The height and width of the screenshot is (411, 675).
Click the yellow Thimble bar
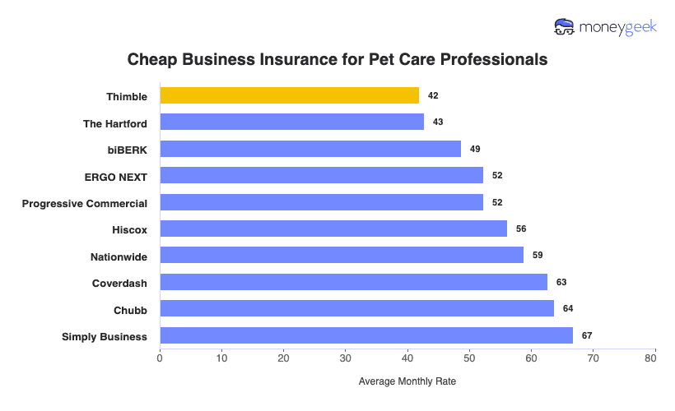(x=289, y=96)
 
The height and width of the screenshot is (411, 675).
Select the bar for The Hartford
(x=291, y=122)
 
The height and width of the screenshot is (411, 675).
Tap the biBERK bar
(x=310, y=149)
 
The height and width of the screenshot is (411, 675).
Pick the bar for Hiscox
(x=333, y=229)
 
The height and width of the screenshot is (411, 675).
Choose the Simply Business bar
(x=366, y=335)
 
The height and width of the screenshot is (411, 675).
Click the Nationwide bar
(x=342, y=256)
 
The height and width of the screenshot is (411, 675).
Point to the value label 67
(x=587, y=335)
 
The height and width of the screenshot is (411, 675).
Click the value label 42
(x=433, y=96)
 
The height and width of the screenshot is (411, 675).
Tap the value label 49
(x=475, y=149)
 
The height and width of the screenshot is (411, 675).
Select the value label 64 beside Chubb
(x=568, y=308)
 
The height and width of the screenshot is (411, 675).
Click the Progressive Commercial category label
(x=85, y=203)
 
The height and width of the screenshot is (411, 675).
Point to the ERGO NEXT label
(x=116, y=176)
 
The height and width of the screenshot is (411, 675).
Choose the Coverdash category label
(x=120, y=283)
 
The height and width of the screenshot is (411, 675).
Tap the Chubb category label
(x=131, y=310)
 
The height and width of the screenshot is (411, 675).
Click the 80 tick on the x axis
(x=654, y=358)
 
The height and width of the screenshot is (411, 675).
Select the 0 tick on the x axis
(x=160, y=358)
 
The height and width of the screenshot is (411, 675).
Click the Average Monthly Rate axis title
(x=407, y=381)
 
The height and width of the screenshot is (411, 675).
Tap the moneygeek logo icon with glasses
(x=565, y=27)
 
